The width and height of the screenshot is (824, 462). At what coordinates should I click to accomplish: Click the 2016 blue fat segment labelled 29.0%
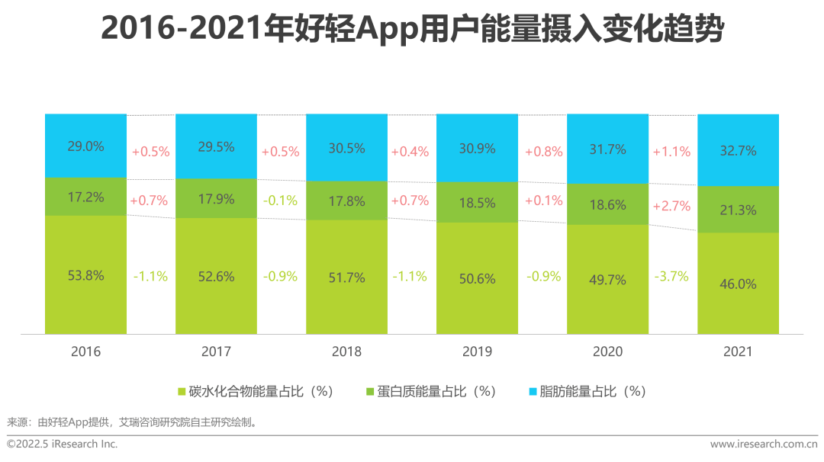pos(85,146)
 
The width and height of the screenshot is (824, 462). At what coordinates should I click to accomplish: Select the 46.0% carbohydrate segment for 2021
pos(738,284)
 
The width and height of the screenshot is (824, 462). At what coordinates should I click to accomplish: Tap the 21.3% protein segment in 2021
pos(738,210)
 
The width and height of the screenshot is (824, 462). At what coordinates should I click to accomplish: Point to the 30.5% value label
pos(347,149)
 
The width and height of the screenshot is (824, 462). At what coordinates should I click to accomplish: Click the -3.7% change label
pos(671,276)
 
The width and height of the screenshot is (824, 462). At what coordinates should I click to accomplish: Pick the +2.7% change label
pos(671,206)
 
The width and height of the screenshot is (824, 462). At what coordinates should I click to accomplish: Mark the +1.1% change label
pos(671,152)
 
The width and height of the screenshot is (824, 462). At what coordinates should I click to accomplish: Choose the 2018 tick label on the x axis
pos(347,351)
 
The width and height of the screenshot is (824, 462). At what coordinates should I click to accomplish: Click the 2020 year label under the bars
pos(607,351)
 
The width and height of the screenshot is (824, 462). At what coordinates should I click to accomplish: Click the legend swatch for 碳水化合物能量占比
pos(182,392)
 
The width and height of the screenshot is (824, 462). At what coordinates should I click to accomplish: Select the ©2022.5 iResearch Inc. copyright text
pos(63,444)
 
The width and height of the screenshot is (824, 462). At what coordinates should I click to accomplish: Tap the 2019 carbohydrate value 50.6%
pos(477,279)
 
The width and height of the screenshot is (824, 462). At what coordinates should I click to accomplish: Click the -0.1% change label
pos(279,201)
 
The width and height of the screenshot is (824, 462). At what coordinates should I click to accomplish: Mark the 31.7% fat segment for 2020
pos(607,149)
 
